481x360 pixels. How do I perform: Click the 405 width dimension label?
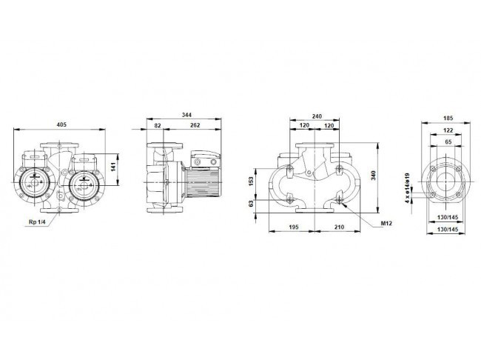(61, 124)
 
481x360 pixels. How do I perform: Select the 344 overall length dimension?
(186, 115)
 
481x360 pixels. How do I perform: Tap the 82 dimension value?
(158, 125)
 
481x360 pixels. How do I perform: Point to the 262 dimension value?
(195, 125)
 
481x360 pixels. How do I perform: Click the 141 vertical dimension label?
(113, 167)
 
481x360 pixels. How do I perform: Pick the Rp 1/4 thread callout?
(37, 221)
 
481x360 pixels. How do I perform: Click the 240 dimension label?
(317, 116)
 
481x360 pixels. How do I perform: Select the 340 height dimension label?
(373, 176)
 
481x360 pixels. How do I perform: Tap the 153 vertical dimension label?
(252, 181)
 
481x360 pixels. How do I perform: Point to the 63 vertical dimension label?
(252, 204)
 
